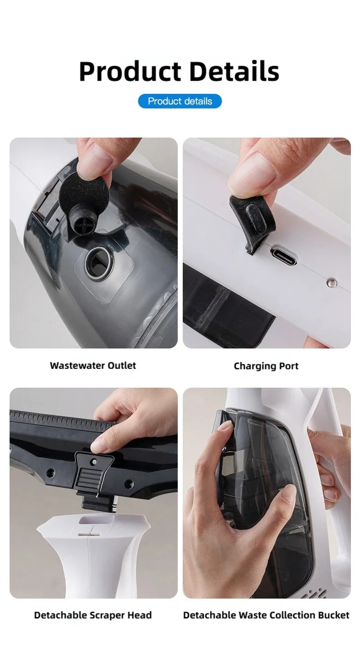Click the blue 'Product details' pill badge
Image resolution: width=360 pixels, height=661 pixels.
(x=180, y=101)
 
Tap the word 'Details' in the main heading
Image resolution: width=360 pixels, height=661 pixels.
(x=234, y=71)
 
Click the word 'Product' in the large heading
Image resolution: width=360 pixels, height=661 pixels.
(x=130, y=72)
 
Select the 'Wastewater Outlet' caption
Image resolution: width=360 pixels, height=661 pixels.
(x=93, y=365)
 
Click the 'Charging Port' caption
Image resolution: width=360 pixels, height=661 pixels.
(x=266, y=366)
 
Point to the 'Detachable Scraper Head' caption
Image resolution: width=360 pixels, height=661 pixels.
(x=93, y=615)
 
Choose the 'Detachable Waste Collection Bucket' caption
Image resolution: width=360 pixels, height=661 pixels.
(x=266, y=615)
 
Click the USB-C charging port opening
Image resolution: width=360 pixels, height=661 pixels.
(x=283, y=254)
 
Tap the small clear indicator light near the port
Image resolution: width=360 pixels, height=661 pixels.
(x=332, y=283)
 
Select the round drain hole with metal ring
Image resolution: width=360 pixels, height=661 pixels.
(x=98, y=263)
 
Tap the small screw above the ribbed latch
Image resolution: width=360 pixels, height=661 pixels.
(x=94, y=461)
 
